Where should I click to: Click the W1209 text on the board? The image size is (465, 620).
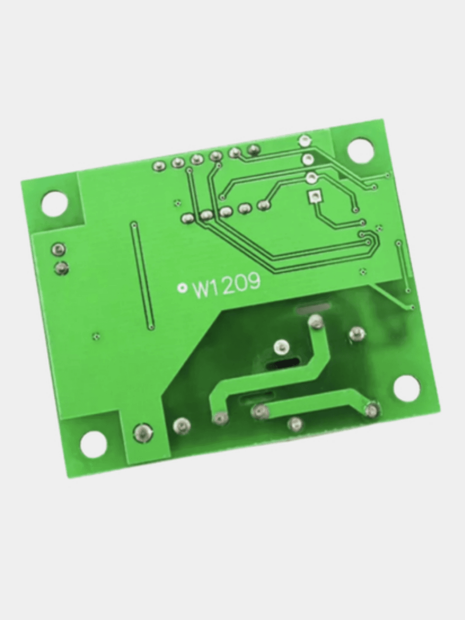[226, 286]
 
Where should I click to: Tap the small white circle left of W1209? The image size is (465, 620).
[182, 288]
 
